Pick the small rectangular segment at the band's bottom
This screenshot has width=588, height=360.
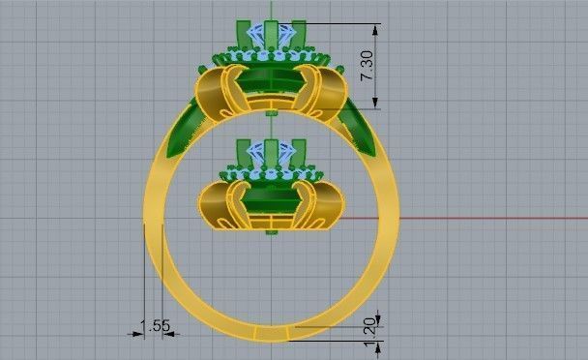pyautogui.click(x=272, y=334)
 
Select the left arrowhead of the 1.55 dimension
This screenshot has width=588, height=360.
pyautogui.click(x=137, y=334)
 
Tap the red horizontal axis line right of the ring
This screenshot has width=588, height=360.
pyautogui.click(x=484, y=218)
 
